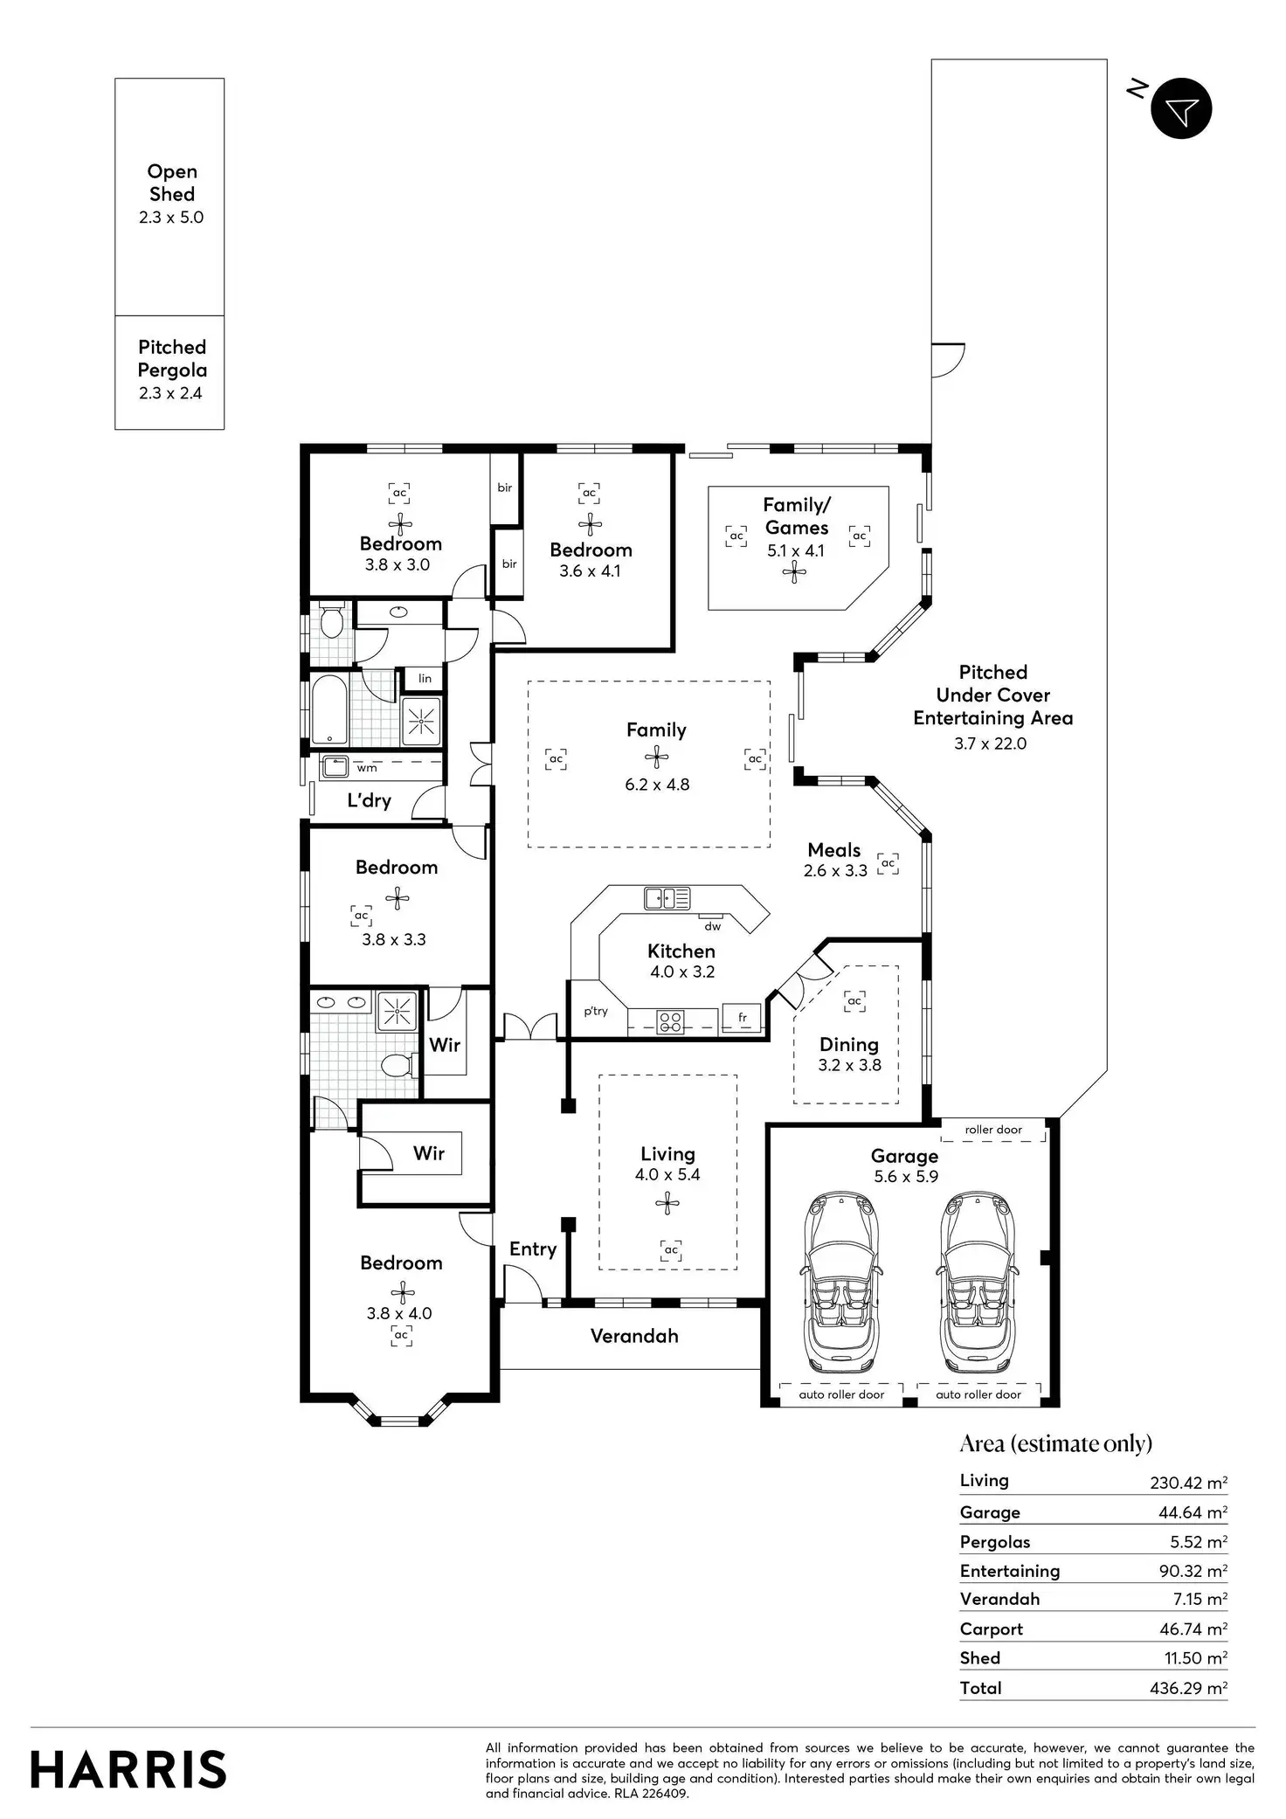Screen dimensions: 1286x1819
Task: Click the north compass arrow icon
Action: pyautogui.click(x=1181, y=108)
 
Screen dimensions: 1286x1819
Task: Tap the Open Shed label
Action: pyautogui.click(x=172, y=183)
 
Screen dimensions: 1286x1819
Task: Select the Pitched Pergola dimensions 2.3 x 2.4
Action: pyautogui.click(x=170, y=393)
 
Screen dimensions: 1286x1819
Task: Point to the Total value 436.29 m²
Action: pyautogui.click(x=1188, y=1688)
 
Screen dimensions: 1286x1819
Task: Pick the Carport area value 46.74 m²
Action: pyautogui.click(x=1191, y=1629)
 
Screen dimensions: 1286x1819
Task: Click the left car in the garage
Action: pyautogui.click(x=841, y=1281)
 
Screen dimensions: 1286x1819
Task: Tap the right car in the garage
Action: pyautogui.click(x=978, y=1281)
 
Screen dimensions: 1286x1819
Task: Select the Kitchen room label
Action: pyautogui.click(x=681, y=951)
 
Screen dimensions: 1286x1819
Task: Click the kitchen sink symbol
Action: pyautogui.click(x=667, y=897)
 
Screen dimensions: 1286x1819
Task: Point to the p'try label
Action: pyautogui.click(x=596, y=1012)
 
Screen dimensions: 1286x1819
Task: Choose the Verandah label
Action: pyautogui.click(x=634, y=1336)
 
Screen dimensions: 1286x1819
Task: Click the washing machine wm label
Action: pyautogui.click(x=367, y=769)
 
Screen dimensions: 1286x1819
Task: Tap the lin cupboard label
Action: pyautogui.click(x=425, y=678)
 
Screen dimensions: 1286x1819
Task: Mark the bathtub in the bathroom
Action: pyautogui.click(x=329, y=709)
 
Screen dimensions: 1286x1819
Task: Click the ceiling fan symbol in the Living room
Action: pyautogui.click(x=667, y=1204)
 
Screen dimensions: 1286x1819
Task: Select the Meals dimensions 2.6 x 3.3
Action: pyautogui.click(x=835, y=870)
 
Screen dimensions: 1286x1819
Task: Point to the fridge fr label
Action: pyautogui.click(x=743, y=1018)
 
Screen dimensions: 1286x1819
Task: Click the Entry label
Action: pyautogui.click(x=533, y=1249)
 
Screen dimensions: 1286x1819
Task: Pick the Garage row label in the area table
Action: pyautogui.click(x=990, y=1512)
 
